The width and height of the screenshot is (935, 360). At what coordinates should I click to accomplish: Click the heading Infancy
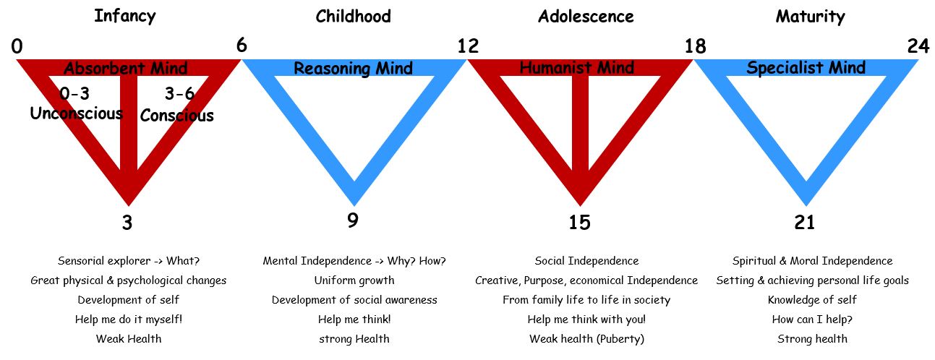125,17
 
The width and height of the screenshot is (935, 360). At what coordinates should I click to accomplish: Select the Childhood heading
353,17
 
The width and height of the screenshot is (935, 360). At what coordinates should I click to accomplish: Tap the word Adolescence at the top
586,17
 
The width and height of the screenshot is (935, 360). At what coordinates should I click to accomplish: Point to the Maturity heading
810,17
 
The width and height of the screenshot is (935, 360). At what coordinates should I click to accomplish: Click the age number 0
17,46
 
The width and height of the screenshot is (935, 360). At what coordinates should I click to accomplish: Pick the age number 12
468,46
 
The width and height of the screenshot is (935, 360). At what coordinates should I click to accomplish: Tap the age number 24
918,46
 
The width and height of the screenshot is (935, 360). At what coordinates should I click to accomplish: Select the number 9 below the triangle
353,220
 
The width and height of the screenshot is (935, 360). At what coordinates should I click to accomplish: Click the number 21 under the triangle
804,223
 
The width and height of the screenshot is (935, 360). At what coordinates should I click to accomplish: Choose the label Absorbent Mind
126,68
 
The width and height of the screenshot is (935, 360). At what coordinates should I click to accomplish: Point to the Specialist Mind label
806,67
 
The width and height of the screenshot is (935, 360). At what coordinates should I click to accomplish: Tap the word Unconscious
77,113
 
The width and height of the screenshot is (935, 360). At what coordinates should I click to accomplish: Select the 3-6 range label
179,93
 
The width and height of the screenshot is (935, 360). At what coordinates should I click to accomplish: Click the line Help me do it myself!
129,319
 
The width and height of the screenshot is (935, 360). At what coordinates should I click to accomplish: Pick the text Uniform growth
354,280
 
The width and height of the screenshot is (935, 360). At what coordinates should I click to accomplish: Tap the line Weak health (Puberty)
586,339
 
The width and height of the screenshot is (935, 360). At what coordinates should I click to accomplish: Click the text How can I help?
812,319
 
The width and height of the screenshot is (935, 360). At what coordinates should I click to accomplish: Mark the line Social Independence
586,261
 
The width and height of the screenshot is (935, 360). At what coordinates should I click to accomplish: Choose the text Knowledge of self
812,299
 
